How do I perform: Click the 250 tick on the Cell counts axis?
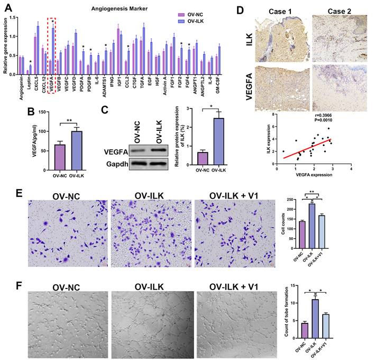coord(296,199)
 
